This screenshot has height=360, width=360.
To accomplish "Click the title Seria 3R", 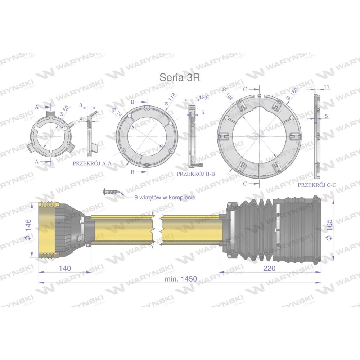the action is tap(180, 78).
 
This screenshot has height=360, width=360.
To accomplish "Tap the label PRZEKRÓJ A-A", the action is tap(92, 163).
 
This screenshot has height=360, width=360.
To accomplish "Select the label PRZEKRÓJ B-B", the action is tap(195, 174).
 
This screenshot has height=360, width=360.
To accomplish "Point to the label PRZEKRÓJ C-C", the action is tap(317, 185).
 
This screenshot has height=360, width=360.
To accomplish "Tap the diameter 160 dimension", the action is tap(292, 94).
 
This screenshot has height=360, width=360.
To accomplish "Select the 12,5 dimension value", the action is tap(204, 98).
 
